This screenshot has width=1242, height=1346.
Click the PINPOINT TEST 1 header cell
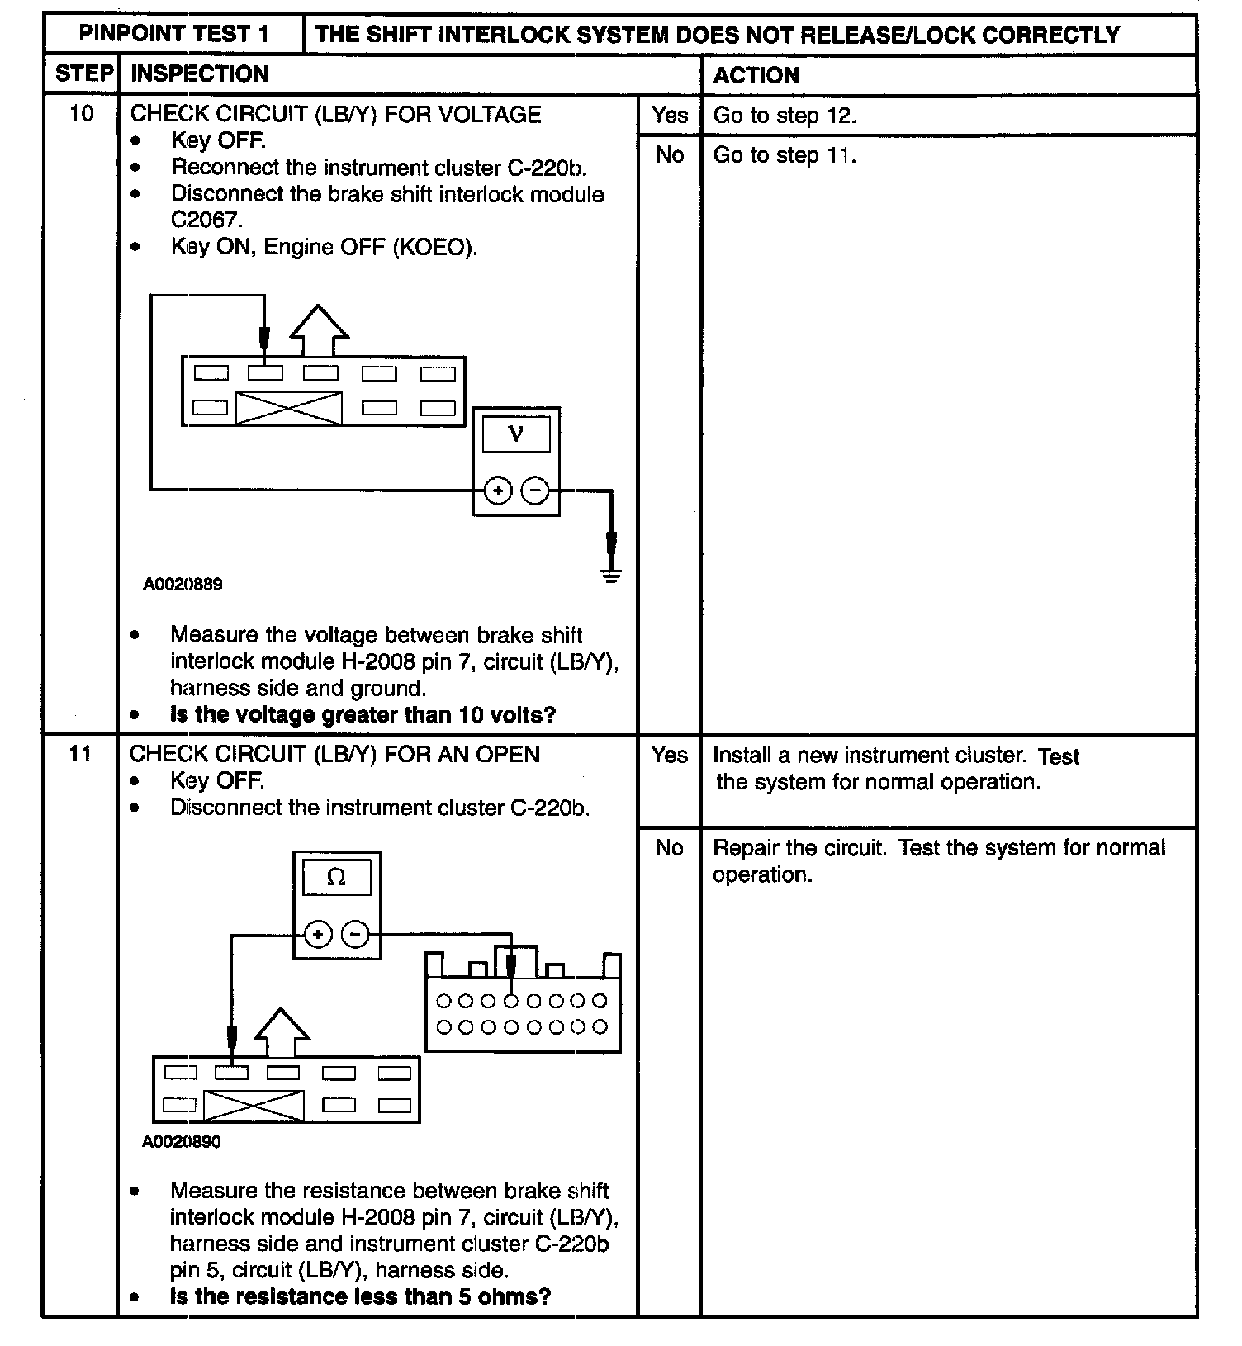click(173, 34)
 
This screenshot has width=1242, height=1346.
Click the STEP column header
click(83, 74)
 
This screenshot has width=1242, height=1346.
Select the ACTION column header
click(756, 75)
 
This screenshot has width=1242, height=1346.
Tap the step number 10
click(81, 113)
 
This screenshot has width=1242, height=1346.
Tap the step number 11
click(80, 754)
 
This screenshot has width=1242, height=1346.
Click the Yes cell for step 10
click(669, 115)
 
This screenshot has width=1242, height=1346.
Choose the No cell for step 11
click(669, 848)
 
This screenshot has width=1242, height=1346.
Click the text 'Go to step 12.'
click(785, 116)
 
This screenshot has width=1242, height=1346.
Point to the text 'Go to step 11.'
click(785, 155)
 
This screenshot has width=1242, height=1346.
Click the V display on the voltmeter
click(516, 434)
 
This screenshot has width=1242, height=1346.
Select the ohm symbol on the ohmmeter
click(336, 878)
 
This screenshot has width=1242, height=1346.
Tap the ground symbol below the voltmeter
click(611, 575)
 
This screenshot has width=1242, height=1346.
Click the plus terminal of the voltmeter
click(497, 491)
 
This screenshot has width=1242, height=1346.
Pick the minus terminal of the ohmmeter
click(355, 935)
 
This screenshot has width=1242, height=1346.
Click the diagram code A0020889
click(183, 585)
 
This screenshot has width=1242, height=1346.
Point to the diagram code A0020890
click(182, 1142)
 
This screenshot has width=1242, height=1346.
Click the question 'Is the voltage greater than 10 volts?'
click(363, 715)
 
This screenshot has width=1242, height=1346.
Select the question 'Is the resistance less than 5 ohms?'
click(360, 1296)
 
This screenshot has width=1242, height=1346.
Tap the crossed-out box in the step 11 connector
click(254, 1106)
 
